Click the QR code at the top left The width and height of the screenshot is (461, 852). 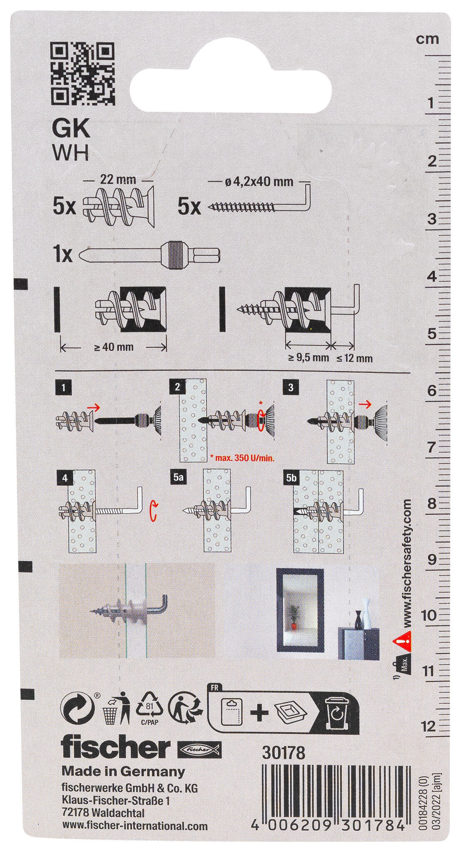[82, 74]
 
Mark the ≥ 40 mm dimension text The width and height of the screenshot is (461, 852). [114, 347]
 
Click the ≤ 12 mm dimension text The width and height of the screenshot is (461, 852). [354, 358]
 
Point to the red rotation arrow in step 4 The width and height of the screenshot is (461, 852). [154, 510]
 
